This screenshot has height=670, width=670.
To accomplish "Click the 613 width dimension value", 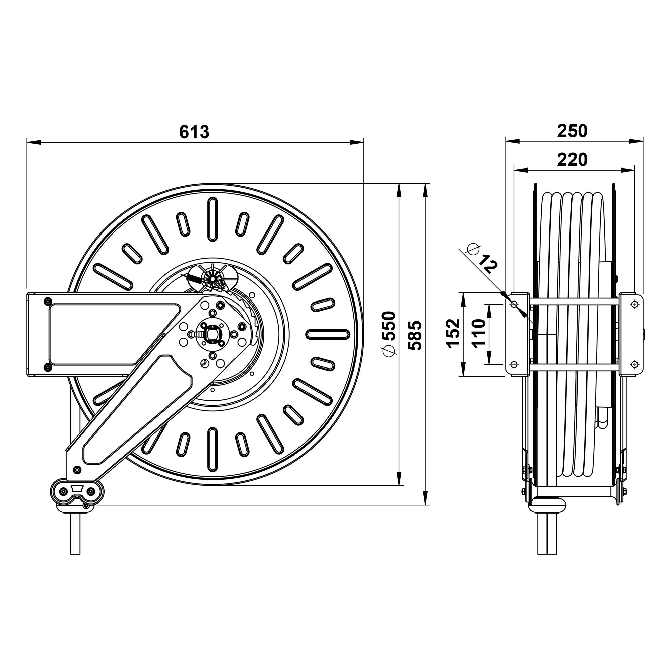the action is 194,132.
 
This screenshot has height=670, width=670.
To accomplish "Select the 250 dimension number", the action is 572,131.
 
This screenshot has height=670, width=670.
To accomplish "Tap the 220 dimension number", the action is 572,159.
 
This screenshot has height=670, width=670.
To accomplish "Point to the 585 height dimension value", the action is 415,335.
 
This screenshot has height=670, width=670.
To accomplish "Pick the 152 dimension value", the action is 453,334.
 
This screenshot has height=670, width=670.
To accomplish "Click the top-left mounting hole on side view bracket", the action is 514,304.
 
